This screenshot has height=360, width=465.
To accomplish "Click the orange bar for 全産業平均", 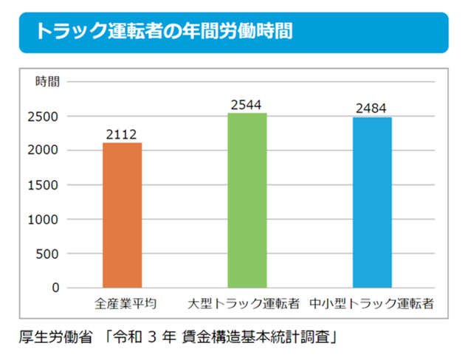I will coord(122,215).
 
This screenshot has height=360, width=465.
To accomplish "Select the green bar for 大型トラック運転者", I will coord(247,200).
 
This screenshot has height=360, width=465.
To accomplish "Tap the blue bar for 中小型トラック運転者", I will coord(371,202).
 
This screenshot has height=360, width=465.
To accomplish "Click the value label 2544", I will coord(247,105).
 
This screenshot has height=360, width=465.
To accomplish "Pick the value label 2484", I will coord(371,108).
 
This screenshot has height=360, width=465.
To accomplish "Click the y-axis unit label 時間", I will coord(47,82).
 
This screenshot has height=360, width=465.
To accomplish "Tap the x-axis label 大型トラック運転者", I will coord(244,303).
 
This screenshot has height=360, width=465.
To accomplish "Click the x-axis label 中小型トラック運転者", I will coord(371,303).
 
